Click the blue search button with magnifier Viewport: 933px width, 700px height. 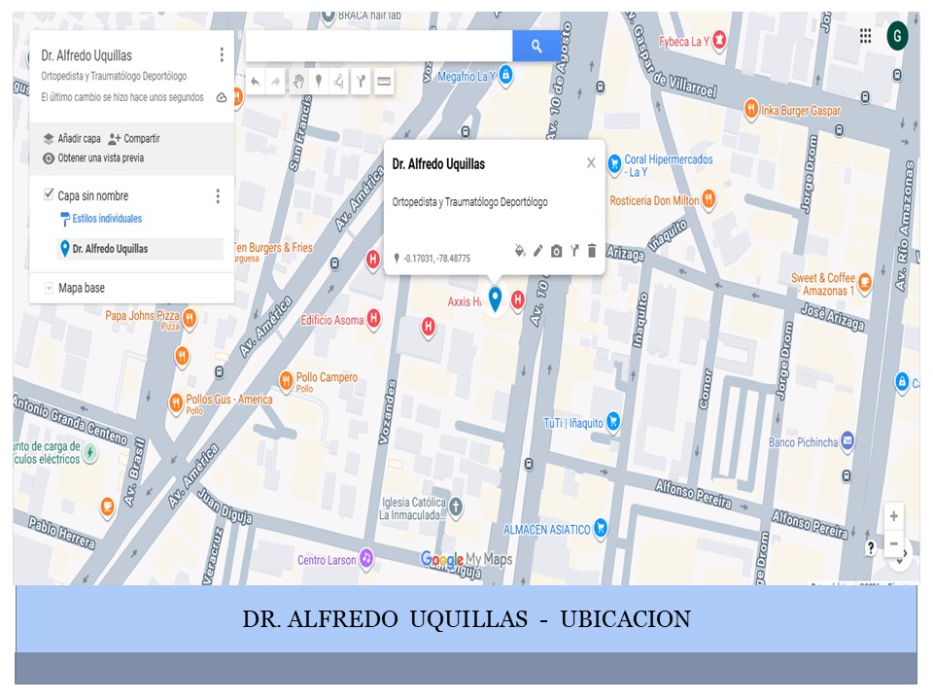(536, 46)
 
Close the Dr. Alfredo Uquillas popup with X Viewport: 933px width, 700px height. (591, 163)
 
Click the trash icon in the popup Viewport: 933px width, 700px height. (592, 251)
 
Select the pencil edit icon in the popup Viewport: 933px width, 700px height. (537, 251)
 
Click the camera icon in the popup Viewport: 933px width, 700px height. (556, 251)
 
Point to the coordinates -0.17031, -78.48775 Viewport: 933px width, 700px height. (436, 259)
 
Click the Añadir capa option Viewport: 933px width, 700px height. (79, 139)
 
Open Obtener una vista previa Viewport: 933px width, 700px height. (100, 157)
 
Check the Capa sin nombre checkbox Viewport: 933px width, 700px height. (50, 195)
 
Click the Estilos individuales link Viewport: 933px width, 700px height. (107, 219)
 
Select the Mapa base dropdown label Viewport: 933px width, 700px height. (81, 288)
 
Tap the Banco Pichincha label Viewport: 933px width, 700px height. (802, 442)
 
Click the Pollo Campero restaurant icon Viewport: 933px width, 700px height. (286, 379)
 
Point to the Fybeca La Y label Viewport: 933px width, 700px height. (684, 41)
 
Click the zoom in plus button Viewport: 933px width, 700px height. (894, 516)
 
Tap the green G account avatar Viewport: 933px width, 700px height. (897, 37)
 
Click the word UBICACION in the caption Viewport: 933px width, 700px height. (625, 619)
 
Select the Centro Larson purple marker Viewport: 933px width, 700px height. (366, 558)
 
